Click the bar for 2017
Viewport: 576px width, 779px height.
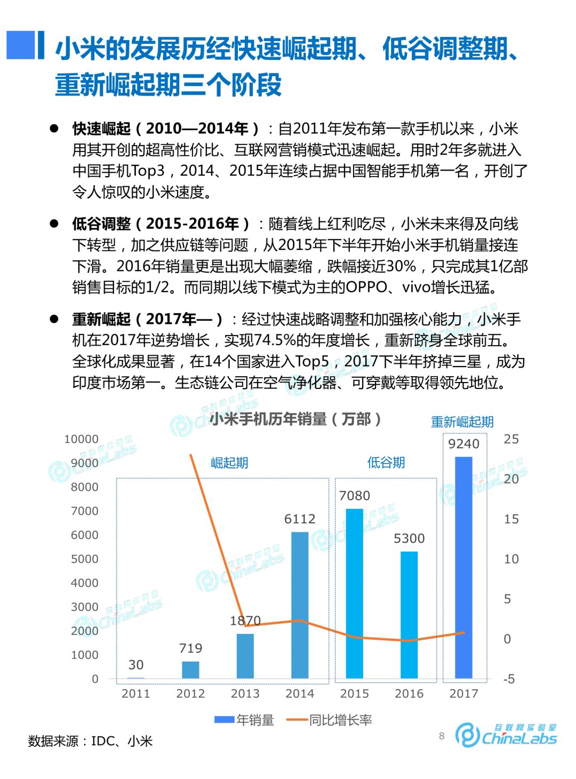point(463,568)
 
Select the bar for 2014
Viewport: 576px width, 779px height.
point(300,605)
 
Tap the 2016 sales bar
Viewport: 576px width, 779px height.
point(409,615)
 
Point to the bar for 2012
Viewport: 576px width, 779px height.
point(190,670)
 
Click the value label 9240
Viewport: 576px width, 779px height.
point(463,444)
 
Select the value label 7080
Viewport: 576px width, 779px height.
point(355,496)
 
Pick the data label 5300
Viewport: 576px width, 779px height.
point(409,538)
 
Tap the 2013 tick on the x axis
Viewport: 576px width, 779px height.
point(245,694)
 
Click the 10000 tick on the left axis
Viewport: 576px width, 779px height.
point(81,439)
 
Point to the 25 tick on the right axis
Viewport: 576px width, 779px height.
point(511,439)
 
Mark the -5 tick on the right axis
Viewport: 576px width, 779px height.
point(509,679)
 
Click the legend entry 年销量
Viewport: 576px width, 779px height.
point(244,720)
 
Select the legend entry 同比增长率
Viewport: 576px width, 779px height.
point(329,720)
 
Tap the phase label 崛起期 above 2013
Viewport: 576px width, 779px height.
point(229,463)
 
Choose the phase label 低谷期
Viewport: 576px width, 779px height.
point(386,463)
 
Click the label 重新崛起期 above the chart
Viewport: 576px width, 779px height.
point(462,422)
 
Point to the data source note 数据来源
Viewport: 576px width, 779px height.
point(91,741)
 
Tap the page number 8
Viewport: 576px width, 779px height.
point(442,736)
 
